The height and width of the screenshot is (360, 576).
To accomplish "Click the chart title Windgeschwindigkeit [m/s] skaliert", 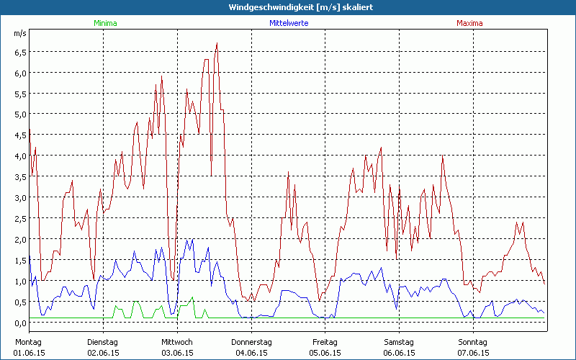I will tap(288, 6).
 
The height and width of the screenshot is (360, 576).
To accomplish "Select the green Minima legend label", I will tap(104, 23).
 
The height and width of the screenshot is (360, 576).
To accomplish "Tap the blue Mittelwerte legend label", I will tap(288, 23).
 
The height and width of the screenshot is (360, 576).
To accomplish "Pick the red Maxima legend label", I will tap(470, 23).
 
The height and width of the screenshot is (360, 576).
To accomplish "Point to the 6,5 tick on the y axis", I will tap(20, 52).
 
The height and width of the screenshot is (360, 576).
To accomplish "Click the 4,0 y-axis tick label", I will tap(20, 156).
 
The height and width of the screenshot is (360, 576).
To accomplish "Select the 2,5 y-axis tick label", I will tap(20, 218).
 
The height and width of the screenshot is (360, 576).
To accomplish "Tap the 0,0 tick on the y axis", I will tap(20, 323).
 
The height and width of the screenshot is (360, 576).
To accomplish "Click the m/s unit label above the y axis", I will tap(19, 34).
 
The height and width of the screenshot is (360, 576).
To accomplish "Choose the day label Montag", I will tap(29, 341).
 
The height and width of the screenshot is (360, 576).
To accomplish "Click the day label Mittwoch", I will tap(176, 341).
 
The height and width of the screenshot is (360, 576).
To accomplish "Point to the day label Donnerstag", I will tap(251, 341).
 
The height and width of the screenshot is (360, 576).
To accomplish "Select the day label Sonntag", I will tap(473, 341).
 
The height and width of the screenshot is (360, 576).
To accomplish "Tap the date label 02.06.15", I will tap(103, 353).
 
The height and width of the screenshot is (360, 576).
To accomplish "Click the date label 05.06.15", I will tap(325, 353).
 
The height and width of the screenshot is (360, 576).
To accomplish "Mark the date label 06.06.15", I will tap(399, 353).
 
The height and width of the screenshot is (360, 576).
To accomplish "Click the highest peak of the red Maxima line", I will tap(217, 43).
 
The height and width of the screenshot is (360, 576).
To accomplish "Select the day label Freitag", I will tap(325, 341).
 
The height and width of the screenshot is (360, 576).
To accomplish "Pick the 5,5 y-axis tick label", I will tap(20, 94).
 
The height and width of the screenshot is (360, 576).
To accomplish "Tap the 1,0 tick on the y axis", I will tap(20, 281).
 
